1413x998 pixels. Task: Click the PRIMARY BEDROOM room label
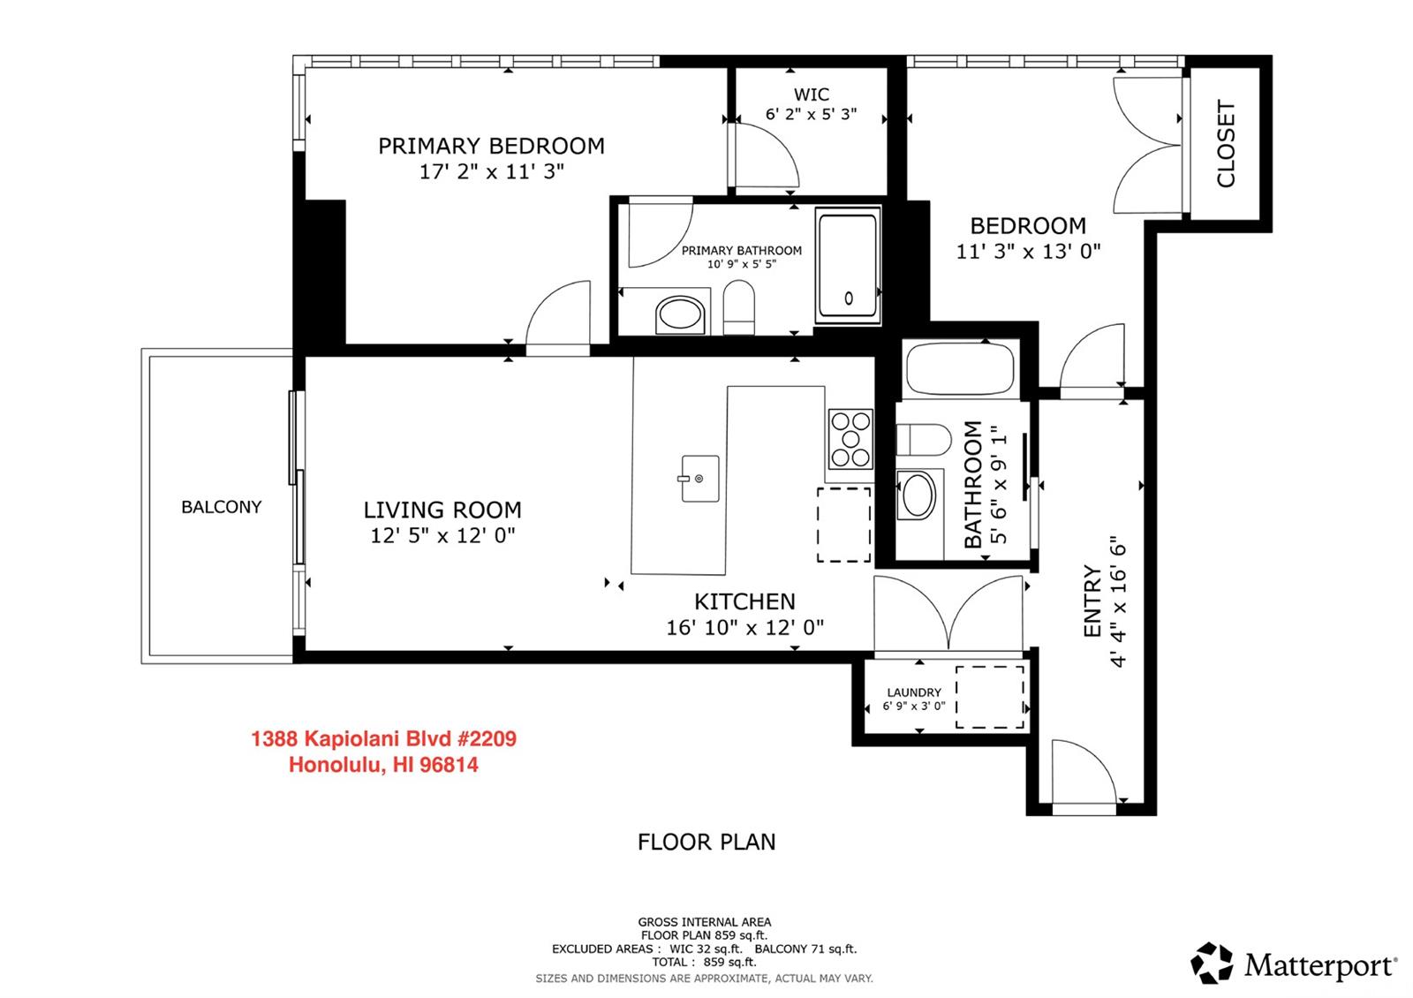pyautogui.click(x=491, y=146)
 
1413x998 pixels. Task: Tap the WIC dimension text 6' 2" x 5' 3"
pyautogui.click(x=812, y=114)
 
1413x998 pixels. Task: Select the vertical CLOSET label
pyautogui.click(x=1226, y=144)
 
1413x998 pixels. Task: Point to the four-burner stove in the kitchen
pyautogui.click(x=851, y=439)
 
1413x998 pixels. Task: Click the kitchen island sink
pyautogui.click(x=700, y=479)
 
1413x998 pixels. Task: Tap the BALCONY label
pyautogui.click(x=221, y=507)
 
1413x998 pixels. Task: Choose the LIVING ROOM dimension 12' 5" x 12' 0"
pyautogui.click(x=442, y=535)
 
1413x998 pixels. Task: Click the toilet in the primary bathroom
pyautogui.click(x=738, y=307)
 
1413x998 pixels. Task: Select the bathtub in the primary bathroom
pyautogui.click(x=848, y=266)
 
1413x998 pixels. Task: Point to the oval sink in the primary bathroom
pyautogui.click(x=679, y=314)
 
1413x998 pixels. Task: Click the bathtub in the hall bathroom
pyautogui.click(x=960, y=369)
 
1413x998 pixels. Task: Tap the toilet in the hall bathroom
pyautogui.click(x=924, y=440)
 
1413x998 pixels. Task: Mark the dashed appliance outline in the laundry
pyautogui.click(x=990, y=698)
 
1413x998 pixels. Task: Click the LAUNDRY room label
pyautogui.click(x=914, y=692)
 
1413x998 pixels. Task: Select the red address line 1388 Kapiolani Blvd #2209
pyautogui.click(x=383, y=738)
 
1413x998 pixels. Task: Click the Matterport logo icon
pyautogui.click(x=1212, y=964)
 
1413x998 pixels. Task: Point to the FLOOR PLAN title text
pyautogui.click(x=706, y=843)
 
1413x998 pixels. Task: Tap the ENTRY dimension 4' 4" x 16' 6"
pyautogui.click(x=1118, y=601)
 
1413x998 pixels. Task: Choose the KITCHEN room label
pyautogui.click(x=745, y=601)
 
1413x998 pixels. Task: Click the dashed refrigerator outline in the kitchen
pyautogui.click(x=844, y=525)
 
